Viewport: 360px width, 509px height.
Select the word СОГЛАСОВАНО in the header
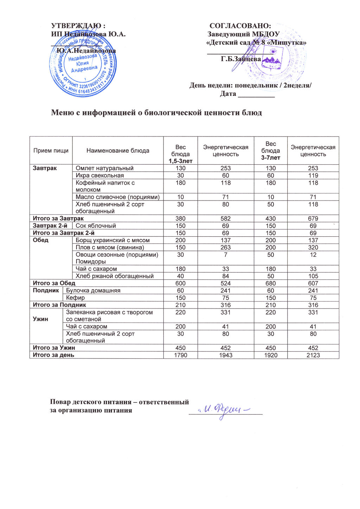click(240, 26)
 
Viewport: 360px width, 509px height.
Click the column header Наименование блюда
click(118, 151)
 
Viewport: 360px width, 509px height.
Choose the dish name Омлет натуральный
click(105, 168)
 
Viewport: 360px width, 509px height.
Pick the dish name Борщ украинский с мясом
click(113, 240)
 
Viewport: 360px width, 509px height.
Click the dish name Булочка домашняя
click(94, 291)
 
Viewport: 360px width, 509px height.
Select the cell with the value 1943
click(226, 355)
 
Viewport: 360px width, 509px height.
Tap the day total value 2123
click(313, 355)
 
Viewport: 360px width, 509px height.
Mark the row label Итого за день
click(53, 355)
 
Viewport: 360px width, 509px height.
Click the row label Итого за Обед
click(54, 283)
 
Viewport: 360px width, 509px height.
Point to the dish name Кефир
click(76, 298)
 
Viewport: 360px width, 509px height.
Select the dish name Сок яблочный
click(96, 226)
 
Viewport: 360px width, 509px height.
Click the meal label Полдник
click(46, 291)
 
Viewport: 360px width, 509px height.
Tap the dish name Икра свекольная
click(100, 176)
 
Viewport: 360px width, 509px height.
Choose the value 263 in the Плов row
click(226, 247)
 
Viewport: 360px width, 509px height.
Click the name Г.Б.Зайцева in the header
click(241, 59)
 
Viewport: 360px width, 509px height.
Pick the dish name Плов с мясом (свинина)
click(110, 247)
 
